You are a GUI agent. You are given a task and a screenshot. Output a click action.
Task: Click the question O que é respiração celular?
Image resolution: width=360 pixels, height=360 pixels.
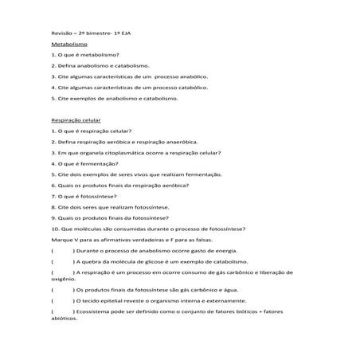coord(92,130)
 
